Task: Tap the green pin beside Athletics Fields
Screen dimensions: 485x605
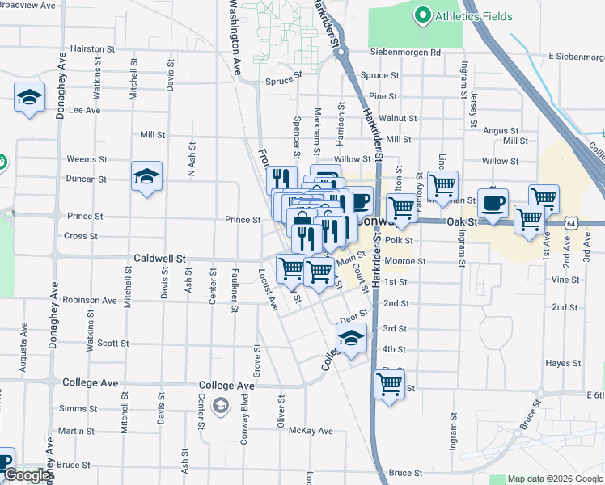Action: click(x=421, y=15)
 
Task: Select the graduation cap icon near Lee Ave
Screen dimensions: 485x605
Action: click(x=29, y=98)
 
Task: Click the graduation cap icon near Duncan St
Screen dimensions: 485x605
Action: click(x=146, y=176)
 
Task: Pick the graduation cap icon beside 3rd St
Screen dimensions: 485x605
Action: click(x=351, y=339)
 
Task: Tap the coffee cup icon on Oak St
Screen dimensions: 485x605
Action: click(x=492, y=204)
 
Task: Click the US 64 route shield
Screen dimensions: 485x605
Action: click(x=571, y=221)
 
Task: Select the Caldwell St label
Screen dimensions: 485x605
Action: click(x=160, y=259)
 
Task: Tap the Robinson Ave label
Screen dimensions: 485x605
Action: click(x=91, y=300)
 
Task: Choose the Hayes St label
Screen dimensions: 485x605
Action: click(x=558, y=364)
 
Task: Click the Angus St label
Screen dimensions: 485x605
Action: click(x=501, y=130)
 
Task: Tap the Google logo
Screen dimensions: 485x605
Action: click(x=27, y=476)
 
